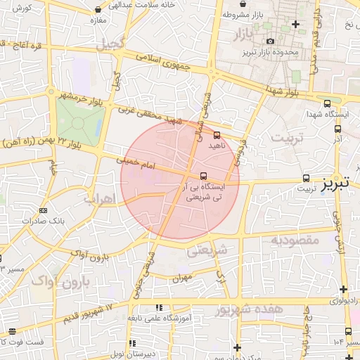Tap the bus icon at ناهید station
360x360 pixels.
[217, 134]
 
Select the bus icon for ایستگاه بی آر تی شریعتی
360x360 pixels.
[203, 176]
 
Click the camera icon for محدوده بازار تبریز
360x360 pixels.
[270, 42]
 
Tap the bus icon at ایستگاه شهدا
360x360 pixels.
[337, 129]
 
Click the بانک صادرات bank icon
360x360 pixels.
[44, 210]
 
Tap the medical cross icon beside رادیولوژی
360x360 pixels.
[342, 289]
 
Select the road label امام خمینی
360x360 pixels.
[138, 163]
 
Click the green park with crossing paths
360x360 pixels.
[79, 121]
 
